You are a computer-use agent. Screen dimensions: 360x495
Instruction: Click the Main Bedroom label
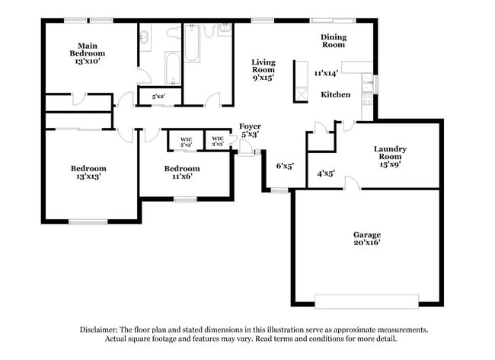(88, 49)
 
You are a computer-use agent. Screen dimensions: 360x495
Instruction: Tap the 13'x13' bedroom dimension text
(88, 177)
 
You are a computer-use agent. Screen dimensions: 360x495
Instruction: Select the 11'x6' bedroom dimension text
(183, 177)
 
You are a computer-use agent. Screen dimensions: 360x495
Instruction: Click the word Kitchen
(335, 94)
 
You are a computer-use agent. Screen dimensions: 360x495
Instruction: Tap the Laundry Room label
(390, 153)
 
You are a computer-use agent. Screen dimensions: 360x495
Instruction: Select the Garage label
(366, 234)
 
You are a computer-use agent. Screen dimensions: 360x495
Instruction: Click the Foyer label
(250, 126)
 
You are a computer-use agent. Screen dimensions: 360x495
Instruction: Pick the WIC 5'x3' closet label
(186, 141)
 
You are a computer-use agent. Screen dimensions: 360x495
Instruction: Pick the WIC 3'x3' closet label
(218, 141)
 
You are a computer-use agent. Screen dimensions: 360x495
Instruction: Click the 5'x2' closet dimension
(159, 97)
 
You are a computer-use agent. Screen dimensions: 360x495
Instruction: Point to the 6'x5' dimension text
(285, 164)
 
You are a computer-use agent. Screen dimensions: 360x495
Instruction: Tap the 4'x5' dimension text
(326, 174)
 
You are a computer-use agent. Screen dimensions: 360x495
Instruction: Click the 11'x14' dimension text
(326, 73)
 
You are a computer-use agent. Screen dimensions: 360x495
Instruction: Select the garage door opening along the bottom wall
(366, 299)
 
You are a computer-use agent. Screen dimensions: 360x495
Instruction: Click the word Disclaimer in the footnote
(101, 330)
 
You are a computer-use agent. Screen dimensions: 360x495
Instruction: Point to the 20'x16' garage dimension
(366, 243)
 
